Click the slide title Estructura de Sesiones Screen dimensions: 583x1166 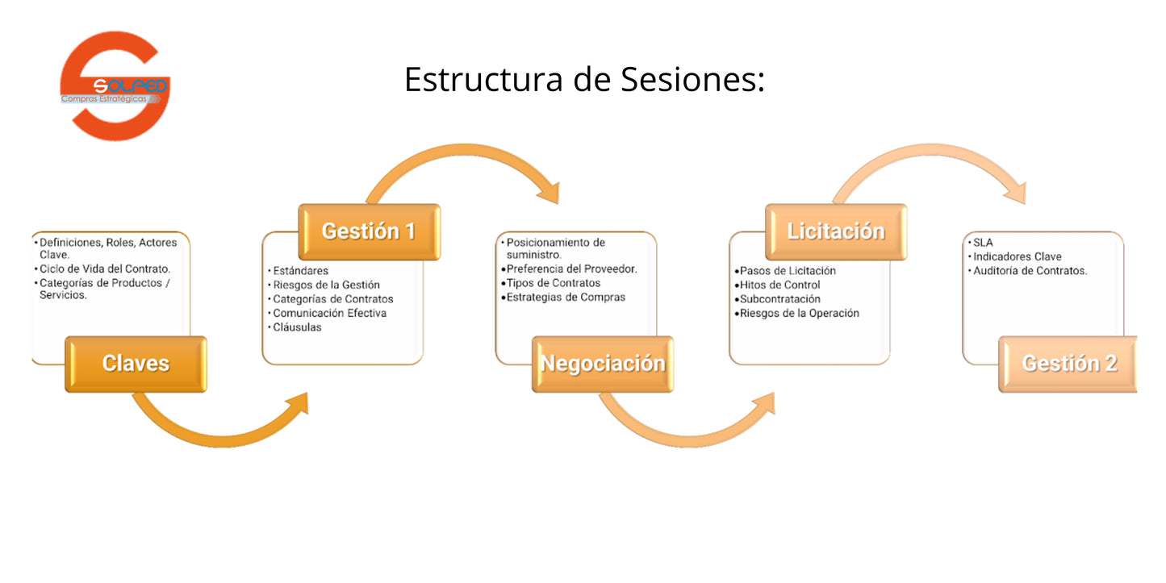pos(584,80)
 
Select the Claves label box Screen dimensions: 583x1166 pos(136,364)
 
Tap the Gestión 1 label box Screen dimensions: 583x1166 pos(369,231)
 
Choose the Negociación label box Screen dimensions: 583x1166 pos(603,364)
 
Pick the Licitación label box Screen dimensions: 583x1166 pos(836,231)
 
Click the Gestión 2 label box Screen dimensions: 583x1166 pos(1068,364)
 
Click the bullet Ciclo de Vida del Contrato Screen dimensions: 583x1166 pos(104,269)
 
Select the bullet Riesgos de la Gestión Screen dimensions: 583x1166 pos(326,285)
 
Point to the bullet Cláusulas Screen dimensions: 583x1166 pos(297,327)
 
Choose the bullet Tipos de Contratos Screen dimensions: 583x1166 pos(553,283)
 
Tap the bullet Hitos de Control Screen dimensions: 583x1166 pos(779,285)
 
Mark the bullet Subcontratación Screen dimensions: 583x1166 pos(779,299)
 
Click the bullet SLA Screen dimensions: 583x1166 pos(983,242)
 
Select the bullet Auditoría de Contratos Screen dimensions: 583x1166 pos(1030,271)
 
